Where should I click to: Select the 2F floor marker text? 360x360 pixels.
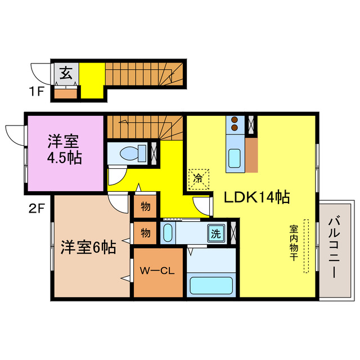(x=37, y=210)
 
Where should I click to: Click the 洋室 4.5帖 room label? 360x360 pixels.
(x=64, y=150)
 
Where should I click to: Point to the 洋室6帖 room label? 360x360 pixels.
(x=88, y=246)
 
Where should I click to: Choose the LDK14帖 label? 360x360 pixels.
(x=257, y=197)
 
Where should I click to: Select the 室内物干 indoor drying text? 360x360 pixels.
(x=294, y=245)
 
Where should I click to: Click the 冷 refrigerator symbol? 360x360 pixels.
(x=198, y=179)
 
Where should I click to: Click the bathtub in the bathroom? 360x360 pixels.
(x=211, y=285)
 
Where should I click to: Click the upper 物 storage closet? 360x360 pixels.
(x=145, y=206)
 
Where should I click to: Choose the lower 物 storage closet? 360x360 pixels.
(x=145, y=232)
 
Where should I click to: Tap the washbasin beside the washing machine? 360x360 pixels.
(x=168, y=232)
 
